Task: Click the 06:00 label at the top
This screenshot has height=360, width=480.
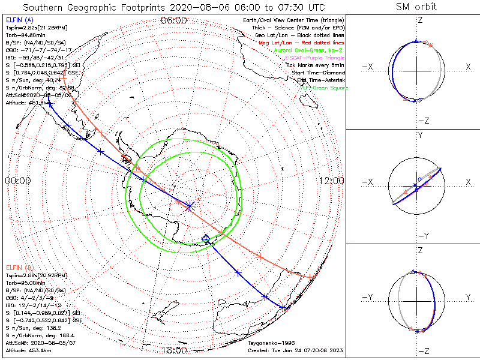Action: point(174,20)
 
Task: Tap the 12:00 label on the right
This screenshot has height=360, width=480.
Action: point(331,181)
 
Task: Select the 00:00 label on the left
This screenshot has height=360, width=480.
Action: point(18,181)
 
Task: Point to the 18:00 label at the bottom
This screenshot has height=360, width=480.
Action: point(174,350)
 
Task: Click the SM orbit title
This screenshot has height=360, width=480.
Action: point(416,7)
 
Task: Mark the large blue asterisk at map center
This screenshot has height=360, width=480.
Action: point(190,206)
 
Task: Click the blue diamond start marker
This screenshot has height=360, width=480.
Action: point(207,239)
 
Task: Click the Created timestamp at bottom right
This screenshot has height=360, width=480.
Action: point(294,350)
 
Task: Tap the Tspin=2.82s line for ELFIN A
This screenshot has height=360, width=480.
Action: point(36,28)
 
